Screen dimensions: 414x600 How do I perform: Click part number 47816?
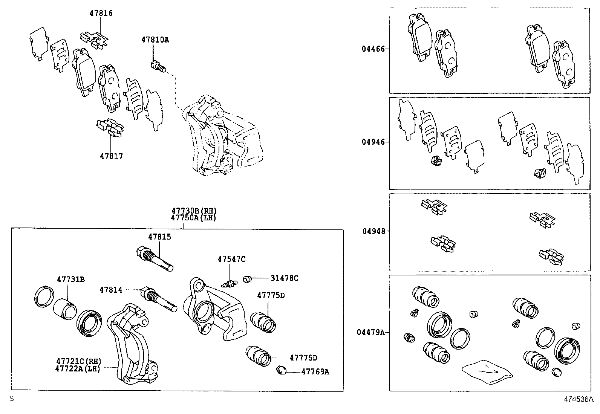tap(101, 13)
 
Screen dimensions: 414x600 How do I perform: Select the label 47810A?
tap(155, 39)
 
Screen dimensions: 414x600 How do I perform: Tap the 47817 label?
tap(111, 156)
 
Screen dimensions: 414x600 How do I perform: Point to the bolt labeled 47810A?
tap(158, 67)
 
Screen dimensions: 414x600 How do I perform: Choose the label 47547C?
tap(231, 259)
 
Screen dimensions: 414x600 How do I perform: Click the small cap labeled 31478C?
tap(248, 279)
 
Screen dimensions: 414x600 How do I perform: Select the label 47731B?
tap(71, 279)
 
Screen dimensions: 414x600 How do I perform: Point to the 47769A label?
tap(315, 372)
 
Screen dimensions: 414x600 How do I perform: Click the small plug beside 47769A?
tap(281, 370)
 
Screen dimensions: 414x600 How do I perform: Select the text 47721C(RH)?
tap(79, 361)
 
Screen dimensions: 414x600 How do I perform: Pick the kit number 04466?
tap(373, 49)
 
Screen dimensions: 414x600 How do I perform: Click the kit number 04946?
tap(373, 142)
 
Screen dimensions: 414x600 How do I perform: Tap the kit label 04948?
tap(374, 231)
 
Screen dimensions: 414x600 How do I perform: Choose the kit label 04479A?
tap(371, 332)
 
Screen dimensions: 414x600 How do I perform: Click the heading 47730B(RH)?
tap(194, 211)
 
